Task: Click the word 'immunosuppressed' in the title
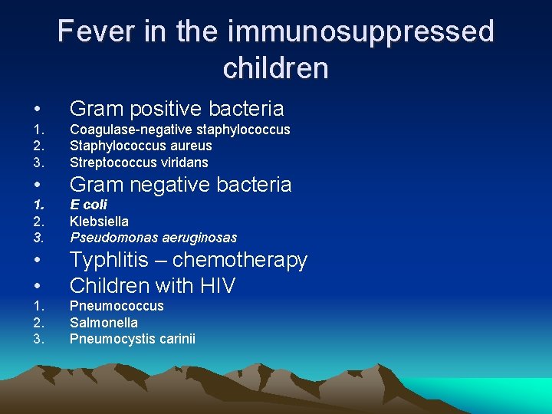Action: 361,32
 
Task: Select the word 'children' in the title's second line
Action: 275,68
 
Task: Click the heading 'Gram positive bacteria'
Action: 176,109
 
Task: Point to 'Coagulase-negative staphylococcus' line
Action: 179,130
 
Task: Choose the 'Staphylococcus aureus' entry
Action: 140,146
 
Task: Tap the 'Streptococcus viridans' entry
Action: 139,163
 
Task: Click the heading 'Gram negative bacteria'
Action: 180,185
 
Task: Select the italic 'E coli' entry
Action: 88,205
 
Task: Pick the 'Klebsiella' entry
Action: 99,222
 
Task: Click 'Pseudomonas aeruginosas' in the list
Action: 153,238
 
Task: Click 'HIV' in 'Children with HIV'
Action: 215,286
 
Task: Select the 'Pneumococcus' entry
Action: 117,306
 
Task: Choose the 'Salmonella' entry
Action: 103,323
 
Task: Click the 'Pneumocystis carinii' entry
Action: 132,339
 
